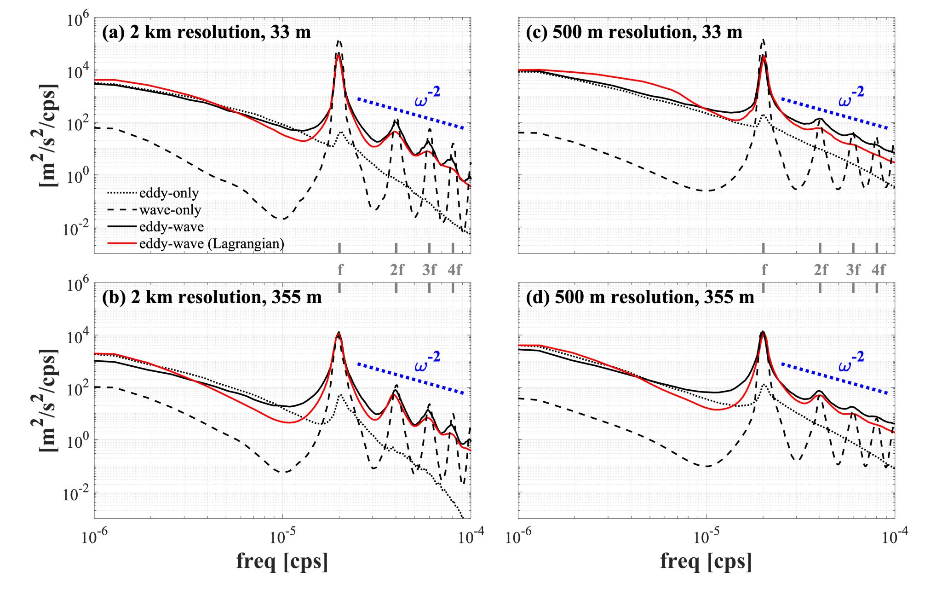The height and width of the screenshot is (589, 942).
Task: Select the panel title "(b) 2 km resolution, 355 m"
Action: coord(212,297)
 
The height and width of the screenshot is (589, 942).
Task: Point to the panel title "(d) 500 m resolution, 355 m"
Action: coord(640,297)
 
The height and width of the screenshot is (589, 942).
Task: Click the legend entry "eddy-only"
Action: coord(169,193)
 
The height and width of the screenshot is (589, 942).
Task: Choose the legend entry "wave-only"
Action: coord(170,210)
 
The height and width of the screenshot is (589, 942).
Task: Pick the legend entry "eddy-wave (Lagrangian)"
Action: coord(212,243)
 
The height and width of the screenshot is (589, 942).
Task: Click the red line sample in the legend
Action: coord(122,243)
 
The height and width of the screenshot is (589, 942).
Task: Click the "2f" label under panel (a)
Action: coord(397,270)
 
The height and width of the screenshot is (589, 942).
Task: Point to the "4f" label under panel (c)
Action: coord(879,270)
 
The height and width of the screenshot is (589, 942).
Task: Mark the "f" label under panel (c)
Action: coord(764,270)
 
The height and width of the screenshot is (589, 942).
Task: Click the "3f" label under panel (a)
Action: coord(429,270)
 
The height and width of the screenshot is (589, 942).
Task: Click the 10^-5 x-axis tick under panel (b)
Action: coord(281,537)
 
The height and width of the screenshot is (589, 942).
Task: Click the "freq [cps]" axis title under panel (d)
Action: coord(706,561)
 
